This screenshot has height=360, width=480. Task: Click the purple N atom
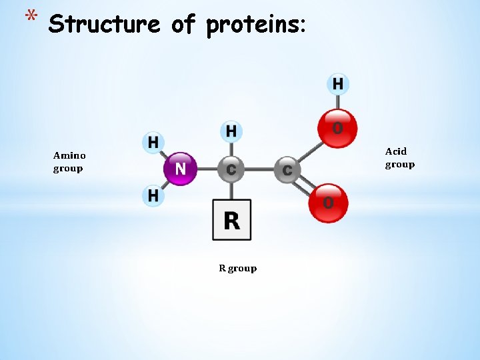181,169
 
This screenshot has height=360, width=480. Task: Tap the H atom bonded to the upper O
338,84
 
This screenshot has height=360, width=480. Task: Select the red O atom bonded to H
338,127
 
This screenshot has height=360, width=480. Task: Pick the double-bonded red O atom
328,202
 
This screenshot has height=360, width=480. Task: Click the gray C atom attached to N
231,169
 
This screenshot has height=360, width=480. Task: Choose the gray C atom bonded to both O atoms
287,171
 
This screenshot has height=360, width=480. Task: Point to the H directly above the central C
231,131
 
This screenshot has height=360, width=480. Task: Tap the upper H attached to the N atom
153,142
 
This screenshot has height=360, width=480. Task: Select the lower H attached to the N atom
153,195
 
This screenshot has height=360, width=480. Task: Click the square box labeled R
232,220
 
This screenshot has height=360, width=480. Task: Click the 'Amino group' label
69,162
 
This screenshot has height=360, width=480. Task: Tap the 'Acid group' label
399,158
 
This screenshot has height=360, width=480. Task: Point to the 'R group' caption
238,268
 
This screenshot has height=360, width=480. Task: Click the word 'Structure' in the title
105,25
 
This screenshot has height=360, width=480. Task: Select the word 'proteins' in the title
255,25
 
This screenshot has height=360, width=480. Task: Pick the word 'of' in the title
183,25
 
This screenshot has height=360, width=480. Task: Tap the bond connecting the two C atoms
259,169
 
